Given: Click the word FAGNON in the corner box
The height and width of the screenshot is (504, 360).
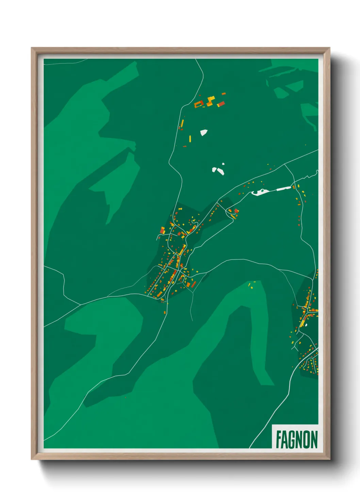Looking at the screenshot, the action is pos(296,440).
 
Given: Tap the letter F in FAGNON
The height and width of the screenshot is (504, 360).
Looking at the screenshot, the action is pos(278,440).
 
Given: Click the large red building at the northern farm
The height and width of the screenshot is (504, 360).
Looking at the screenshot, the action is pos(221,104).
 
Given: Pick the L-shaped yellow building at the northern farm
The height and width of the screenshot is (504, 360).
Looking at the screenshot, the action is pos(210,100).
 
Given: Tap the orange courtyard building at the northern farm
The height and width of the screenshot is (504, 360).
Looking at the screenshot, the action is pos(199,104).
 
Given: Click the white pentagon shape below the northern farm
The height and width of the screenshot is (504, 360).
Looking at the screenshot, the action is pos(203,132).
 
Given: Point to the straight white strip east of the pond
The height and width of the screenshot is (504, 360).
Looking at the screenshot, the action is pos(283,188).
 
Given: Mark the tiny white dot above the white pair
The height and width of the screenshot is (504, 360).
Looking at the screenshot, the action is pos(223,164).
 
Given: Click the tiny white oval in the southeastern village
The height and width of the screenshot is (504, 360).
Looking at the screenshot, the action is pos(306,325).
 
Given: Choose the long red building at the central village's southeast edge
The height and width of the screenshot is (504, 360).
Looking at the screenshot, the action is pos(193,284).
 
